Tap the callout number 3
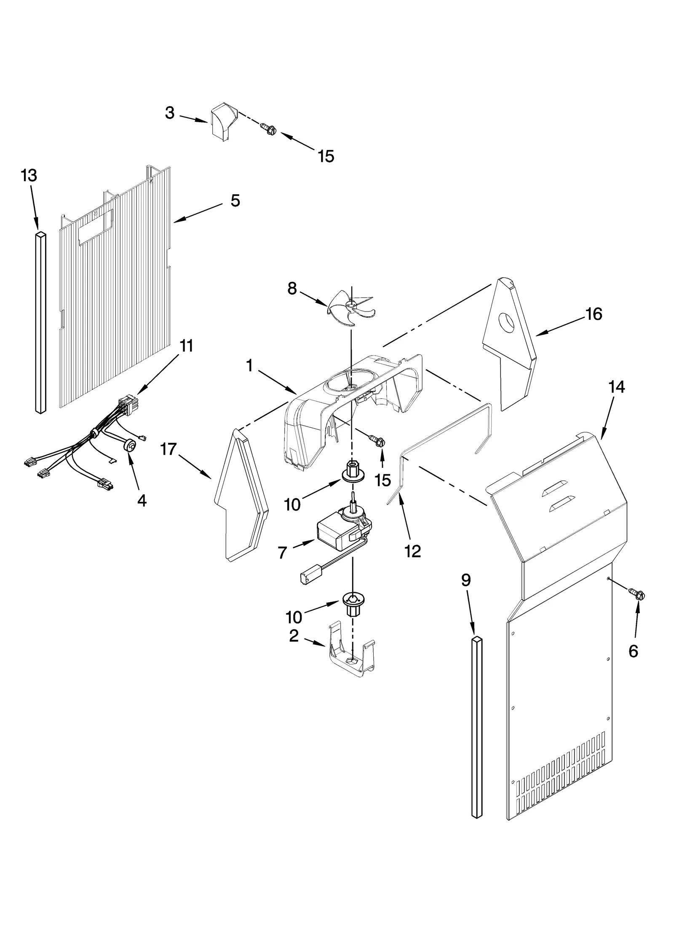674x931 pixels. tap(170, 113)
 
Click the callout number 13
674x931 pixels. tap(29, 175)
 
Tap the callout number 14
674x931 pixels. tap(617, 386)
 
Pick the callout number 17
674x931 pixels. tap(168, 449)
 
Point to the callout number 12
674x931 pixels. tap(412, 551)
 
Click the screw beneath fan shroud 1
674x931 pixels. tap(378, 440)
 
